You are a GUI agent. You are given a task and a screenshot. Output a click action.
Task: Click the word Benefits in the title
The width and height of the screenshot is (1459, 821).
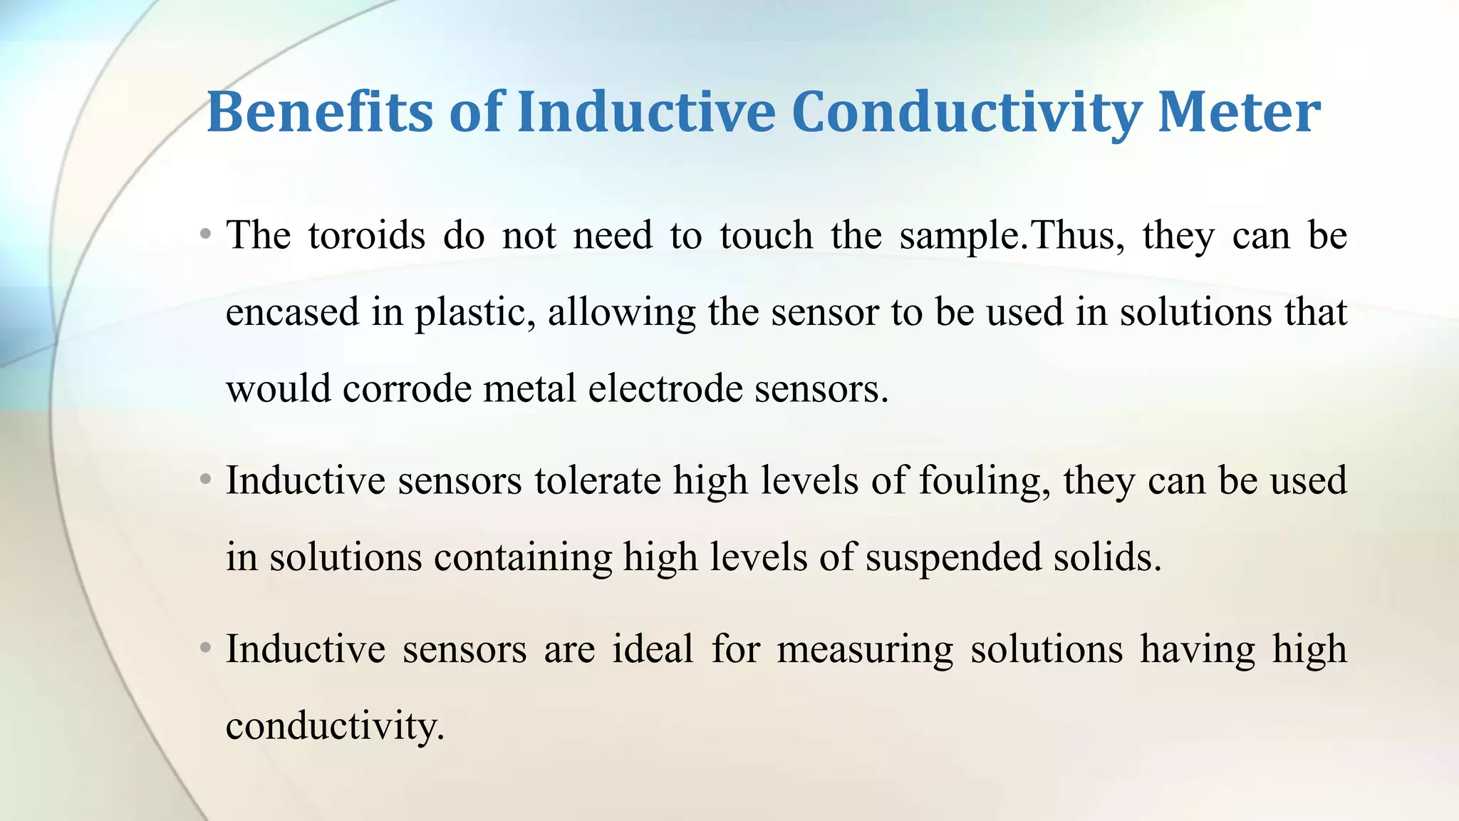tap(319, 113)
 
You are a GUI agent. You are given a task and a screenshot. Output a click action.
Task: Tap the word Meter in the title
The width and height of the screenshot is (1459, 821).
tap(1239, 113)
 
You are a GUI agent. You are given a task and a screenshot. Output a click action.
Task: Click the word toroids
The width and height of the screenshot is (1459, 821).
tap(366, 235)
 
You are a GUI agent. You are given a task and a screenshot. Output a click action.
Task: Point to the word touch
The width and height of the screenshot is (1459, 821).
tap(766, 235)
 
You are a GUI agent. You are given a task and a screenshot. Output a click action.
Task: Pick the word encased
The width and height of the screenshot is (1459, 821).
tap(292, 312)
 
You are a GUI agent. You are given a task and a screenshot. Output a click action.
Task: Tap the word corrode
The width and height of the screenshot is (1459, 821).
tap(407, 389)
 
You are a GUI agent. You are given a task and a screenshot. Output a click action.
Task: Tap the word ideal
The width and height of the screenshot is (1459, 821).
tap(653, 649)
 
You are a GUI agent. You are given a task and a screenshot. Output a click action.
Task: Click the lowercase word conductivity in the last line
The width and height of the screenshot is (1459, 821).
tap(335, 726)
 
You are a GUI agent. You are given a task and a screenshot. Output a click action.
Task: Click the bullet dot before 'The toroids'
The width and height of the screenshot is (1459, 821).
tap(205, 234)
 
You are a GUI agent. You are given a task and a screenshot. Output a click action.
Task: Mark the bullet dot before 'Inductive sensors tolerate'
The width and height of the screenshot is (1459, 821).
tap(205, 479)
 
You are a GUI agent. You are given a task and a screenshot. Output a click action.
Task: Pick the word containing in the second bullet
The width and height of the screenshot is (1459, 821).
tap(523, 557)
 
